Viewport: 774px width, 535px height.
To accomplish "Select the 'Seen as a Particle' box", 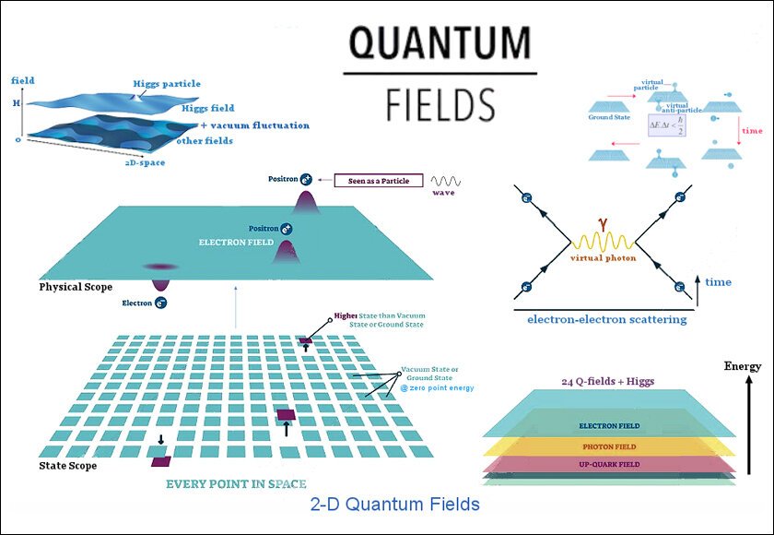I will point(372,181).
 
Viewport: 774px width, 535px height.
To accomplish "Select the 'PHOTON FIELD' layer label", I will point(604,446).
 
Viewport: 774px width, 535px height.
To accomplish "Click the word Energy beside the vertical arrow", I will point(743,366).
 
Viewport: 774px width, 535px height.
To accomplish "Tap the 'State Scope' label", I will point(67,466).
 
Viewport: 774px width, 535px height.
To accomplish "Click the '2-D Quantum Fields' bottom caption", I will point(393,505).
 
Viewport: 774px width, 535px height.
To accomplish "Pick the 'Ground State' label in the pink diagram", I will point(608,118).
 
